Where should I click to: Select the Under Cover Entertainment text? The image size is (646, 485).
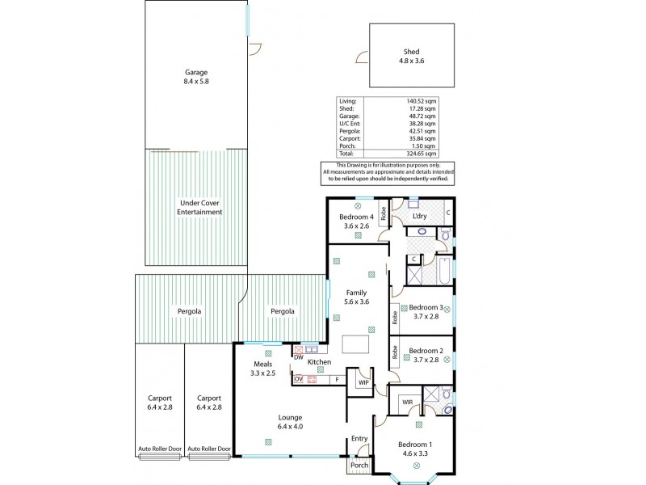(200, 207)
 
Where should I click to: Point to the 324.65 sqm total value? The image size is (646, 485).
(422, 153)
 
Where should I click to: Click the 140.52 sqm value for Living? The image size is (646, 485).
(422, 101)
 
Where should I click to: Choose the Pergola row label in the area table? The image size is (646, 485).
(349, 131)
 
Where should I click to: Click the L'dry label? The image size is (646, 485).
(419, 217)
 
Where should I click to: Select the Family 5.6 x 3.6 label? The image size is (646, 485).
(356, 297)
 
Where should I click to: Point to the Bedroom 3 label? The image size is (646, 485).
(426, 312)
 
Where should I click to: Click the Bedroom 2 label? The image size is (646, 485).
(426, 356)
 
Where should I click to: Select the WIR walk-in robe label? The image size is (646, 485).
(407, 401)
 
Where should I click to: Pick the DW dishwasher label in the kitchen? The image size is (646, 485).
(299, 356)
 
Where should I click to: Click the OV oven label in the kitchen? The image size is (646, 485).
(298, 379)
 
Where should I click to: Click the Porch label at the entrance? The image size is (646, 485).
(359, 466)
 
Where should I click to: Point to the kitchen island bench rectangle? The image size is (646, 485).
(355, 345)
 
